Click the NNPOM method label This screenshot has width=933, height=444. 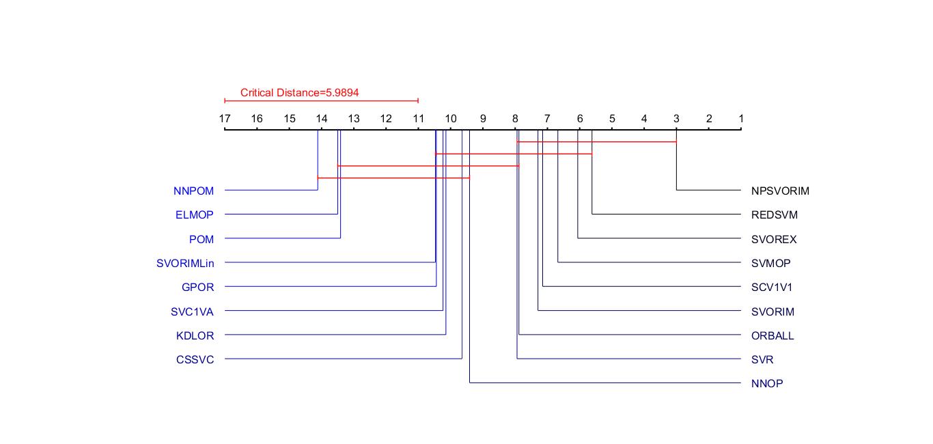pyautogui.click(x=193, y=191)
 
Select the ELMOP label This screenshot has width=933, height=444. pyautogui.click(x=194, y=215)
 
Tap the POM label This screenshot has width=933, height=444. pyautogui.click(x=201, y=240)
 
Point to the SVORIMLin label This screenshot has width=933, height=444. pyautogui.click(x=185, y=264)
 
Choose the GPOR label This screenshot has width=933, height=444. pyautogui.click(x=197, y=288)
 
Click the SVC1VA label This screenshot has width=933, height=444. pyautogui.click(x=192, y=312)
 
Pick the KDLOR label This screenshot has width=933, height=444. pyautogui.click(x=195, y=336)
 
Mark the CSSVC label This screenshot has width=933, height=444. pyautogui.click(x=195, y=360)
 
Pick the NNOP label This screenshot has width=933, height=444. pyautogui.click(x=767, y=384)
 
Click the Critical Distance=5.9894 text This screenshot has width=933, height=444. pyautogui.click(x=299, y=93)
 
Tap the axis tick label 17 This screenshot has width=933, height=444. pyautogui.click(x=225, y=119)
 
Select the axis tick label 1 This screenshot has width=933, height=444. pyautogui.click(x=741, y=119)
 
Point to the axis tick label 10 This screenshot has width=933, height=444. pyautogui.click(x=451, y=119)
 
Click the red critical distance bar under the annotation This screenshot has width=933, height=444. pyautogui.click(x=321, y=101)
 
